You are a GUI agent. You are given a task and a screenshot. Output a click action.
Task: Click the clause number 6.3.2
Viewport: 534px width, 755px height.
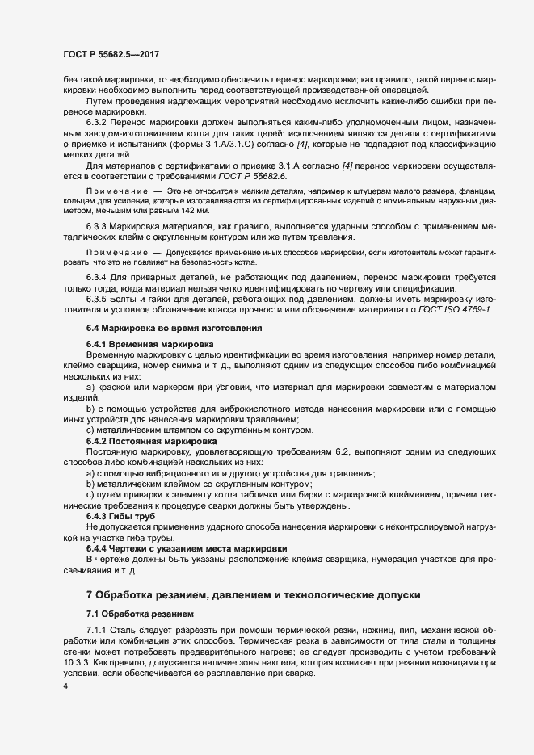[99, 121]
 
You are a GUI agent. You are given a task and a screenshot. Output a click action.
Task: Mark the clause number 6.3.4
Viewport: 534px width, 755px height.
[99, 279]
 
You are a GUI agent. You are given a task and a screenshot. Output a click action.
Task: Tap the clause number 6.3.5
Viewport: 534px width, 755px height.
[99, 300]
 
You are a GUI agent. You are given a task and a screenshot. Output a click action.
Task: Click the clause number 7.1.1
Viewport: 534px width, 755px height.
[99, 629]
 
